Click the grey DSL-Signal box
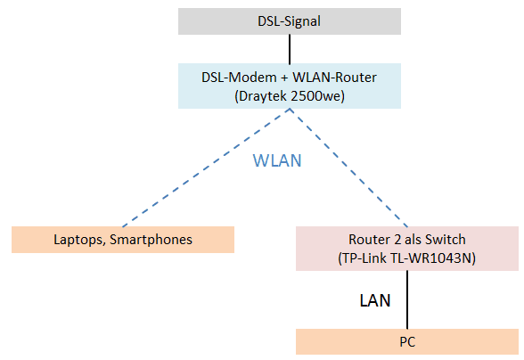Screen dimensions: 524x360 290,21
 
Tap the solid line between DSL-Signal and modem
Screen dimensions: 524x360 290,49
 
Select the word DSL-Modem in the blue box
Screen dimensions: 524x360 239,78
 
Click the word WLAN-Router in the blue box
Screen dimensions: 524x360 334,78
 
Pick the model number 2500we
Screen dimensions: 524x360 315,96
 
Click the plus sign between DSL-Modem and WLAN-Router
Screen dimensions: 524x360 284,78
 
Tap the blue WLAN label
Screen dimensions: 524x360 277,160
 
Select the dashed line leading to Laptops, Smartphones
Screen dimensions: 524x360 206,168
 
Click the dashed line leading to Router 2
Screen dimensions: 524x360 348,168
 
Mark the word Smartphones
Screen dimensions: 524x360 151,240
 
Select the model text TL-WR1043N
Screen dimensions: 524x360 430,258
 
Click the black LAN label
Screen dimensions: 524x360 375,300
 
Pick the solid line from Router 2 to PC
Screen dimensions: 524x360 407,299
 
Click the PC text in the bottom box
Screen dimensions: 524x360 407,342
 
